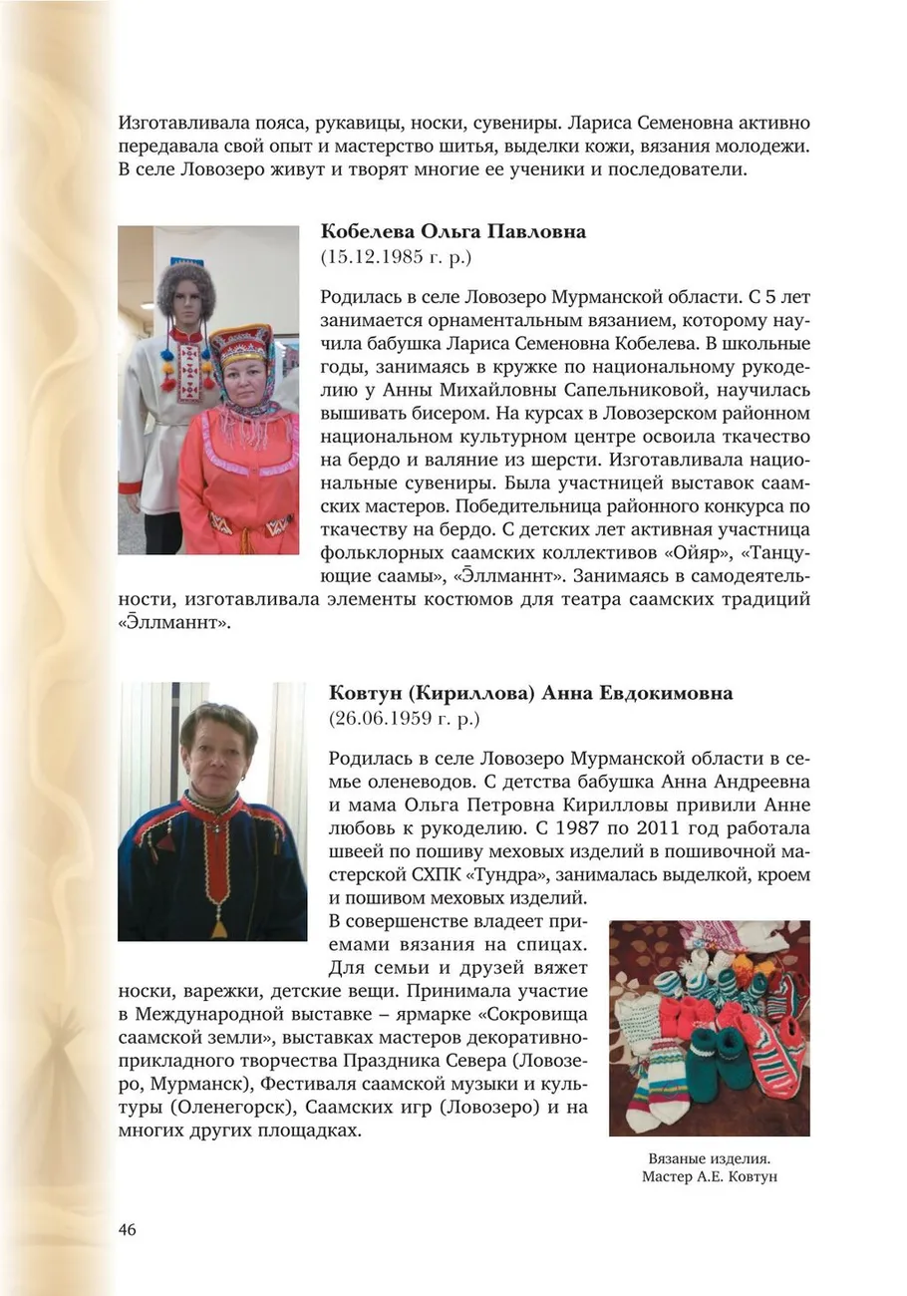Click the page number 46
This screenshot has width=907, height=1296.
click(x=128, y=1228)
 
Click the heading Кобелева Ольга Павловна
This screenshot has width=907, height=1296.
click(x=453, y=231)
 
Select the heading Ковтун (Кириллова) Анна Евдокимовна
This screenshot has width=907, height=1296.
click(x=529, y=693)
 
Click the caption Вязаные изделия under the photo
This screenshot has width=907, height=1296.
click(x=710, y=1159)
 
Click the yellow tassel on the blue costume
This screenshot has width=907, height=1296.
click(x=218, y=928)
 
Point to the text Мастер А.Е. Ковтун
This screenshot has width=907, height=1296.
click(x=710, y=1177)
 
